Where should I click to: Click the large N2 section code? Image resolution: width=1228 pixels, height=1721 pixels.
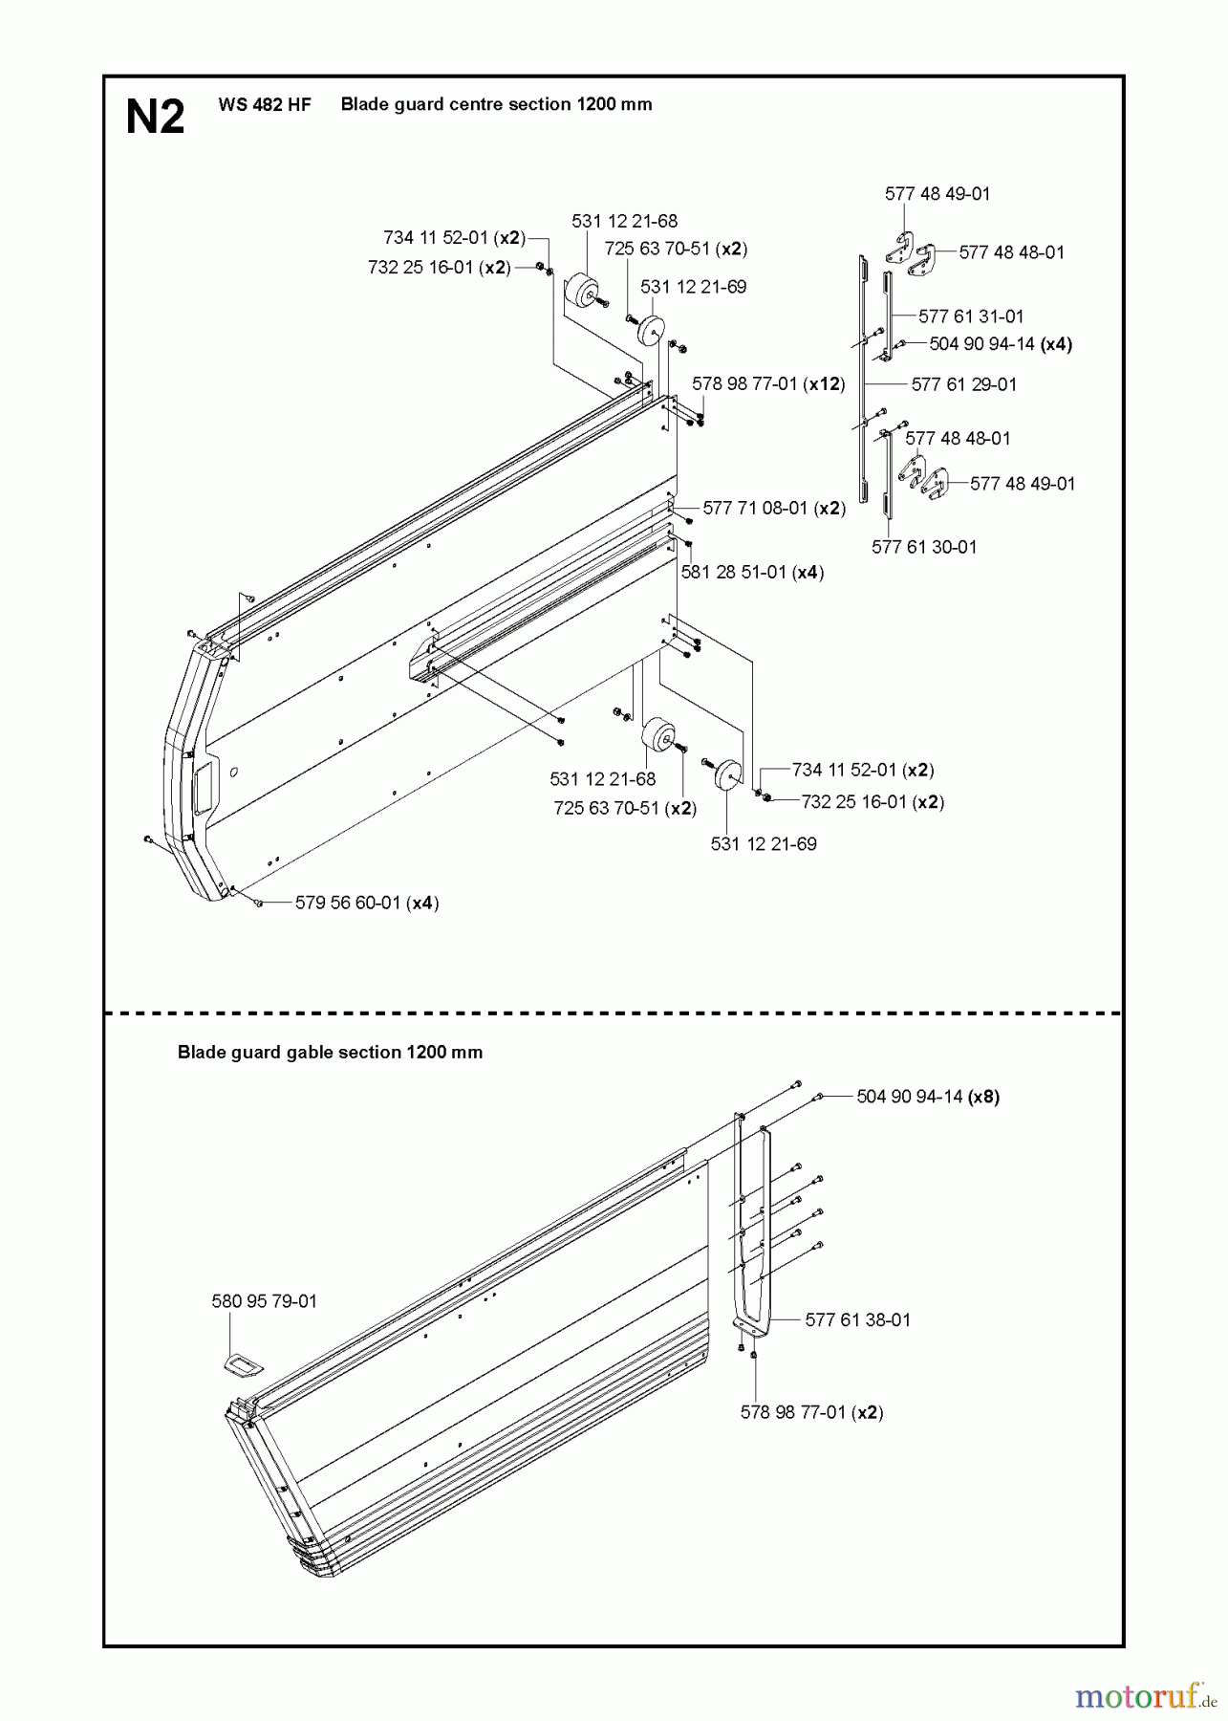155,118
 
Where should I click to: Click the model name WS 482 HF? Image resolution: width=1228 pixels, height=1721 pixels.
265,105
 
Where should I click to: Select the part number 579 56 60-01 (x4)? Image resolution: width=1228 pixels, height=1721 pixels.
367,903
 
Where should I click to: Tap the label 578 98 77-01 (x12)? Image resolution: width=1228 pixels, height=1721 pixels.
768,383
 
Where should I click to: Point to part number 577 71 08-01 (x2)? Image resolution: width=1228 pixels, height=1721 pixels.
774,508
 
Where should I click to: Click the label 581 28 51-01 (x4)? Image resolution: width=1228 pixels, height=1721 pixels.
752,572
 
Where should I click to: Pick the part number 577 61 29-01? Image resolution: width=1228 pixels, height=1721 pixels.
963,384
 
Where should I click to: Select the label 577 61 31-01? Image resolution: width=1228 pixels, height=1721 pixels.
970,316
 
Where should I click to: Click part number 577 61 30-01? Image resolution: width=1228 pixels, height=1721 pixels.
924,547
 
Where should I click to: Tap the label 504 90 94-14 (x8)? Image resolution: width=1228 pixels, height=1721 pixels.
928,1097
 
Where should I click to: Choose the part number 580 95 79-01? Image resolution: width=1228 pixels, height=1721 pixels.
264,1301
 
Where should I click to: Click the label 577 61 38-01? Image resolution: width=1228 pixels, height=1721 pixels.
857,1319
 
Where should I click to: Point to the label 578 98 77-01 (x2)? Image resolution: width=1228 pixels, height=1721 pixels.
811,1412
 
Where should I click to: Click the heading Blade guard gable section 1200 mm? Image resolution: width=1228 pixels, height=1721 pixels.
330,1053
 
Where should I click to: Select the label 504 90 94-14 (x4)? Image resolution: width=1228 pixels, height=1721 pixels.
1001,344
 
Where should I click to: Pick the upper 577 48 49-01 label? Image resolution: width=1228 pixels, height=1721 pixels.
937,194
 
